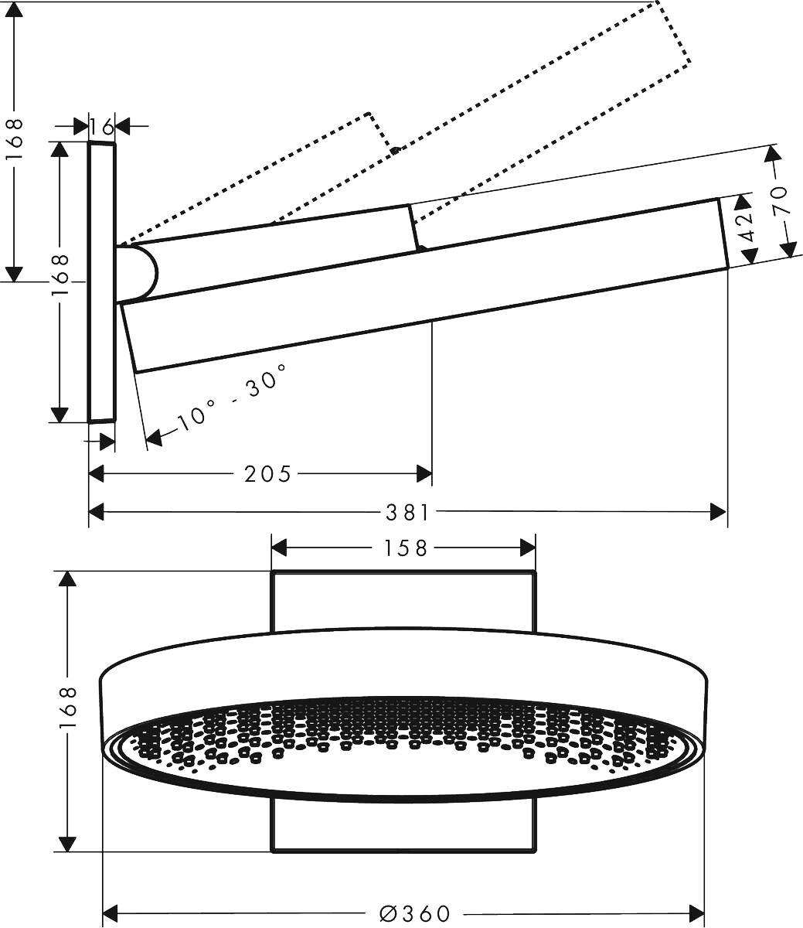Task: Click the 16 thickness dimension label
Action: click(101, 126)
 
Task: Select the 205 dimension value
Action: click(267, 473)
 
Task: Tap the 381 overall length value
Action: click(407, 512)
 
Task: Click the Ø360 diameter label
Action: click(415, 913)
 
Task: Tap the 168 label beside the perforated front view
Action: click(68, 705)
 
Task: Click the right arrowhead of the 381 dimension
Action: click(718, 512)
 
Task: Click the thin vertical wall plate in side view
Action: click(102, 282)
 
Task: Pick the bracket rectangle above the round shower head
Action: click(403, 600)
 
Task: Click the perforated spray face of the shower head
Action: click(403, 746)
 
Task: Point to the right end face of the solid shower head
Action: click(723, 233)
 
